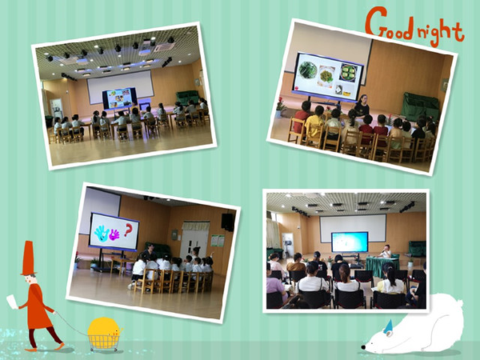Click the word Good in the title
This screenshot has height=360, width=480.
390,24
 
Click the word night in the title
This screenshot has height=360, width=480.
440,31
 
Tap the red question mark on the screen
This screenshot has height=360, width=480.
128,230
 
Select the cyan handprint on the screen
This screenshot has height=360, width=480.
102,234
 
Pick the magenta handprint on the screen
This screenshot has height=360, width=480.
114,234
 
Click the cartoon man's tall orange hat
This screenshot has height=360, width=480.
29,258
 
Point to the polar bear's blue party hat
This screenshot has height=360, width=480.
389,326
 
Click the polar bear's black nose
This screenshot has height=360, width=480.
363,347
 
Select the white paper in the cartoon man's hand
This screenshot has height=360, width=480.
12,302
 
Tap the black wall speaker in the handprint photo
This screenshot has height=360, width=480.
228,222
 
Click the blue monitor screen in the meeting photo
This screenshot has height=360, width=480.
350,242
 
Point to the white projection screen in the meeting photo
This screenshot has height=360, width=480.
353,228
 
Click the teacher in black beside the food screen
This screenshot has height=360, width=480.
362,106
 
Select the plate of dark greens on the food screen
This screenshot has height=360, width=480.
308,70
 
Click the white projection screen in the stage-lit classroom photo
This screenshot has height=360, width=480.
120,87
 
